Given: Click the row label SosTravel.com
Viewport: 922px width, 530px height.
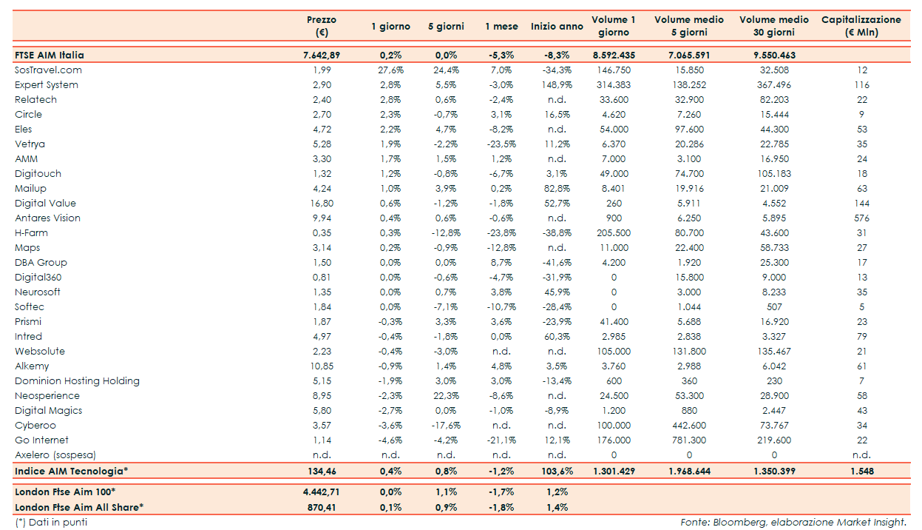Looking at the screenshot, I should coord(48,70).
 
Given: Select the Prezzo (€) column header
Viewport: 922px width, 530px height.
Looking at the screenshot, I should coord(322,26).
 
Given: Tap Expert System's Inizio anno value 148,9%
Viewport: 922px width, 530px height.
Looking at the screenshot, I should coord(557,85).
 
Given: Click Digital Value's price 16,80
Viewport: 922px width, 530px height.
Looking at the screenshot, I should coord(322,204).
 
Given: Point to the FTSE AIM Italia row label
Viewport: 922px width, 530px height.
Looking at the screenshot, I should coord(50,56).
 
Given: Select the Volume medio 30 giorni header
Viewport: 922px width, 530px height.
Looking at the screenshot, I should coord(774,26).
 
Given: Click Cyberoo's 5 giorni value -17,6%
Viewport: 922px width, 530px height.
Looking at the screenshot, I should coord(446,426).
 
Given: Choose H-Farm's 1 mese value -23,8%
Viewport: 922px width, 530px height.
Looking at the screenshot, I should coord(501,233).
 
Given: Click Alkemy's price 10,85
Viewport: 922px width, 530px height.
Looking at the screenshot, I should coord(322,366).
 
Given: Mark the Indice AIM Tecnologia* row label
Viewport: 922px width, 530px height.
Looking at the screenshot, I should coord(72,471).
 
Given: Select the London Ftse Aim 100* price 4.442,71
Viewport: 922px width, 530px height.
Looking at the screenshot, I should coord(322,492).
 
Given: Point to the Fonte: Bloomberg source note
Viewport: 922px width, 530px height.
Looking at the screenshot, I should coord(793,523).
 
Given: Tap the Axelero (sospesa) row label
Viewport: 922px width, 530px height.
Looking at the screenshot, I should coord(55,455).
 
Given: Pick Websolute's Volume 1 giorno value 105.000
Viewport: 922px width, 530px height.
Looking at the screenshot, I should coord(614,352).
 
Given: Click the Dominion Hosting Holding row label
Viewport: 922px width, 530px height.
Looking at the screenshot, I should coord(77,381).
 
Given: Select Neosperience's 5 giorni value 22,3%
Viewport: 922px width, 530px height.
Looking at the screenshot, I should coord(446,396).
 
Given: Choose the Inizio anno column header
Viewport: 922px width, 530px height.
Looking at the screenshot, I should coord(557,27).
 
